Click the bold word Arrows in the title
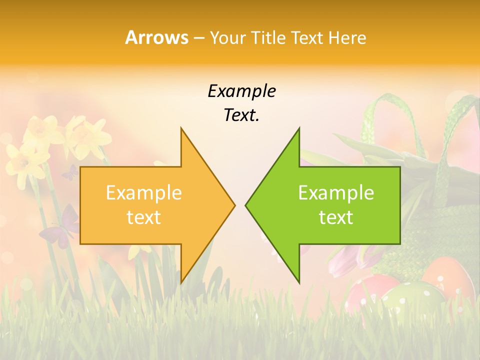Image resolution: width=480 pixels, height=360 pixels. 156,37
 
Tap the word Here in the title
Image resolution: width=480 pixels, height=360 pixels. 346,37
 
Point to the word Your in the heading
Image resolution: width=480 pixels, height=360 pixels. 228,38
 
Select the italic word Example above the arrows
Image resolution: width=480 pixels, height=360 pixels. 241,91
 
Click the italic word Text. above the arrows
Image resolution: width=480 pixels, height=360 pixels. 241,115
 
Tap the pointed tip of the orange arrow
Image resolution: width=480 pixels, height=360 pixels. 234,205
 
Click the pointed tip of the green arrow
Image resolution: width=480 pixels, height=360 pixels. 246,205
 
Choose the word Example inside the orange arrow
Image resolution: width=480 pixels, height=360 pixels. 144,193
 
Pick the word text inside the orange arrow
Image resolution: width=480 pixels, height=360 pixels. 144,217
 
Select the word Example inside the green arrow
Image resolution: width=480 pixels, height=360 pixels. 336,193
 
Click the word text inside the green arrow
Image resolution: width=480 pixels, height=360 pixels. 336,217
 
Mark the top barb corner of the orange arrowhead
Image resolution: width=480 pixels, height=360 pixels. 181,128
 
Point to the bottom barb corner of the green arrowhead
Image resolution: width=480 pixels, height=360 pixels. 299,282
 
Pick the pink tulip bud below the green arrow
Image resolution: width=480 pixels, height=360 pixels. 345,260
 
